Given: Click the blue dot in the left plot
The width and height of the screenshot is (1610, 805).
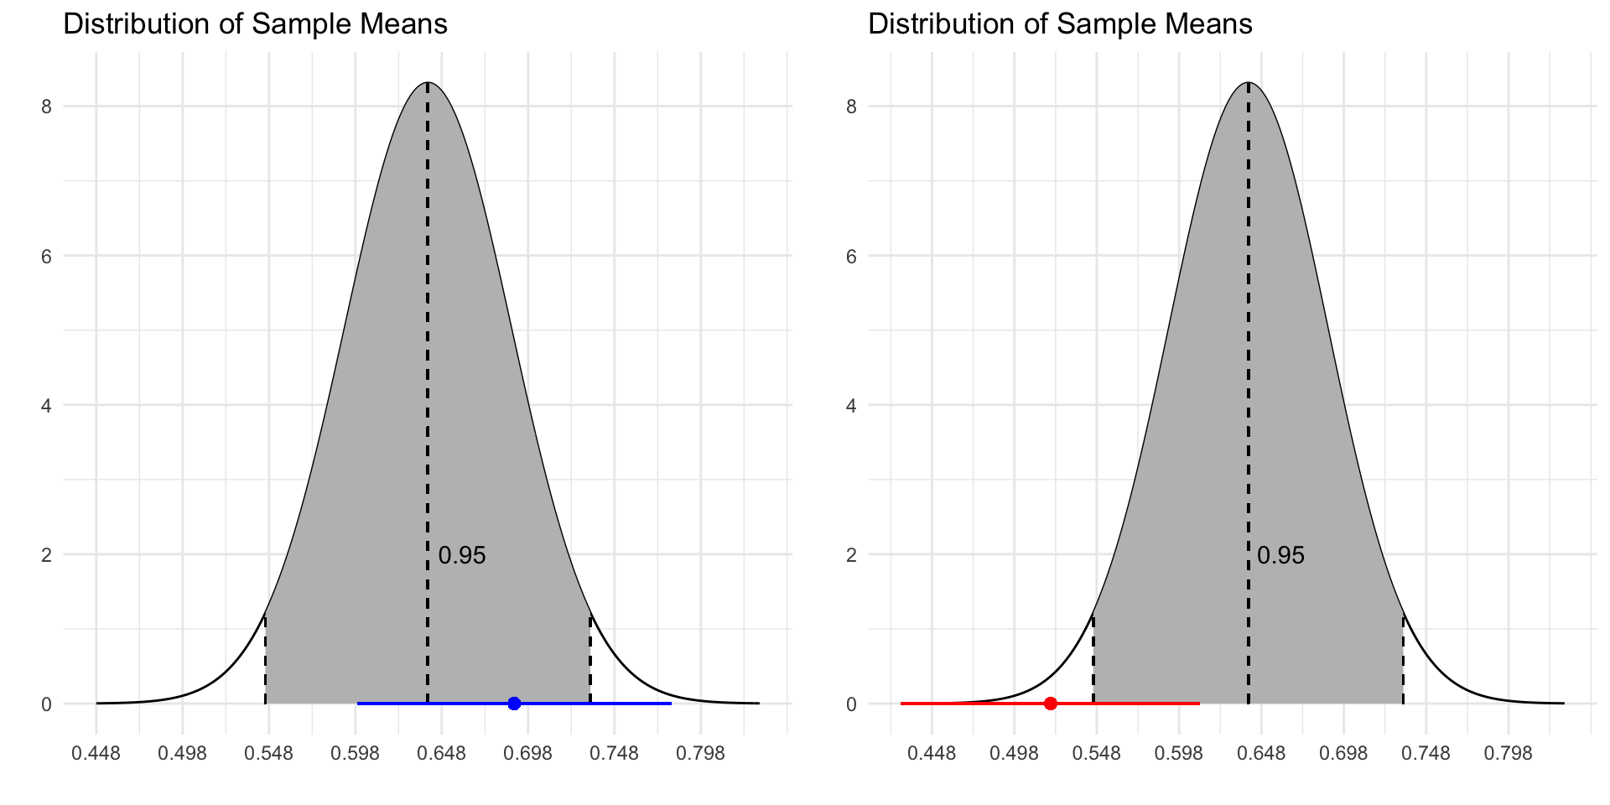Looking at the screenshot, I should coord(514,704).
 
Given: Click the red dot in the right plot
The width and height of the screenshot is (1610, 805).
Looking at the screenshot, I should coord(1051,704).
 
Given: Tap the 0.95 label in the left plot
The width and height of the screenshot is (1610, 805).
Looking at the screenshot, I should coord(462,555).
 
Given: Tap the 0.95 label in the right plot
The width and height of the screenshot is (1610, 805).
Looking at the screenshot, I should coord(1280,555).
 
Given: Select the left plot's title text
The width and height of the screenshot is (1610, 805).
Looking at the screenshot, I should coord(255,23).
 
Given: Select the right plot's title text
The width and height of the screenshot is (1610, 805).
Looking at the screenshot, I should coord(1060,23).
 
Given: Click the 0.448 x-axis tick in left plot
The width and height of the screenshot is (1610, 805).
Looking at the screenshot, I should coord(96,754).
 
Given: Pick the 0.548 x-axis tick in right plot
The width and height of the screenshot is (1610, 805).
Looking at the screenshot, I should coord(1097,754).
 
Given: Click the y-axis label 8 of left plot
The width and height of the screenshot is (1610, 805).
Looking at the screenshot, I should coord(47,106).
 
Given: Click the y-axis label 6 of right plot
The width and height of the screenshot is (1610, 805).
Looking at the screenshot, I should coord(852,256).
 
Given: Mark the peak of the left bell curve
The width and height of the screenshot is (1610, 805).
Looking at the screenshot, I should coord(428,83).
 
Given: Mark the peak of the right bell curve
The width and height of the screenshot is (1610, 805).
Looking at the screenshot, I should coord(1249,83).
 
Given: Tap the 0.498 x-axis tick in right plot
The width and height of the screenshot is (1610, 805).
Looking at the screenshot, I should coord(1015,754).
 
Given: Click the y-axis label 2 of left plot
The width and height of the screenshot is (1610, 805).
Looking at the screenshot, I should coord(47,554).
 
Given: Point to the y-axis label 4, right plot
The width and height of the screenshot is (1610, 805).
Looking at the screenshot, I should coord(852,405).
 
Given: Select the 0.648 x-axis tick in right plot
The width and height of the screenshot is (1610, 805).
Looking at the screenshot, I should coord(1261,754).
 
